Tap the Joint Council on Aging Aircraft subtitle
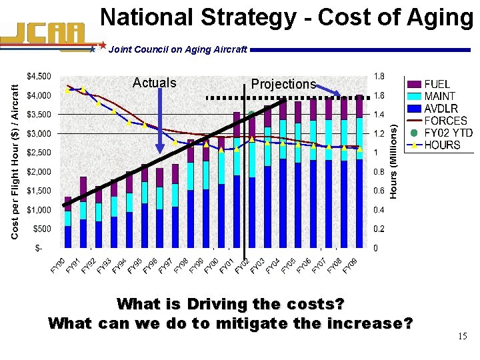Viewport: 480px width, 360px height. pyautogui.click(x=177, y=49)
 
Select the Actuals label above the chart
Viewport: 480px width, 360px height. pyautogui.click(x=155, y=83)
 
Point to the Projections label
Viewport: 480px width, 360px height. pyautogui.click(x=283, y=84)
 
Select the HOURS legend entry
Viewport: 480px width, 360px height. pyautogui.click(x=442, y=144)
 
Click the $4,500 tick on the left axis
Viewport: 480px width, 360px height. pyautogui.click(x=38, y=75)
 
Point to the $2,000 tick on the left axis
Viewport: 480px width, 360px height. pyautogui.click(x=38, y=172)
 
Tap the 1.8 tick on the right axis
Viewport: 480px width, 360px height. pyautogui.click(x=379, y=75)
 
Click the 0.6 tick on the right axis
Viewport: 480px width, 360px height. pyautogui.click(x=379, y=191)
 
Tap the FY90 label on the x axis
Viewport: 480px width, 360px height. pyautogui.click(x=58, y=265)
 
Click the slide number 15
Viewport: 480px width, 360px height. pyautogui.click(x=462, y=337)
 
